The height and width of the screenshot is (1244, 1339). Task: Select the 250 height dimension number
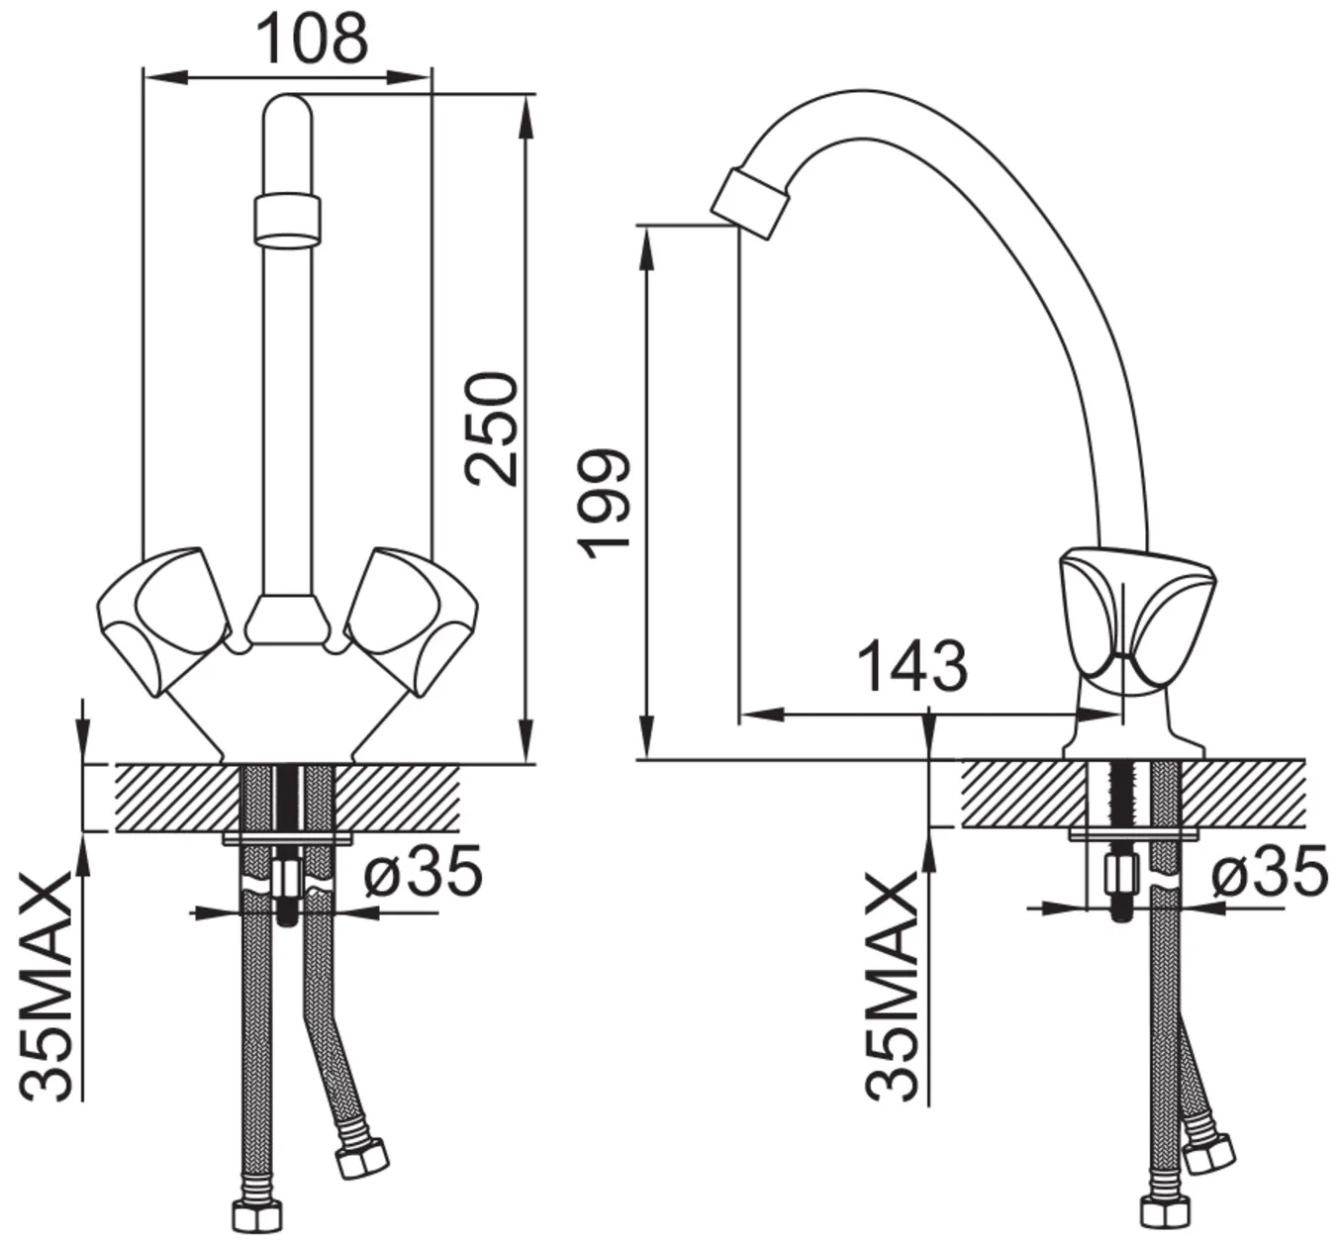point(493,428)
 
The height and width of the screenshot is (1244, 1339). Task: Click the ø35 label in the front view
point(424,869)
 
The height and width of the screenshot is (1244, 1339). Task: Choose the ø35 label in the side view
point(1270,870)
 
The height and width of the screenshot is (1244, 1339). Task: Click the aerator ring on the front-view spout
point(287,220)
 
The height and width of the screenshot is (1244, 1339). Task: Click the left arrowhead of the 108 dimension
point(165,77)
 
